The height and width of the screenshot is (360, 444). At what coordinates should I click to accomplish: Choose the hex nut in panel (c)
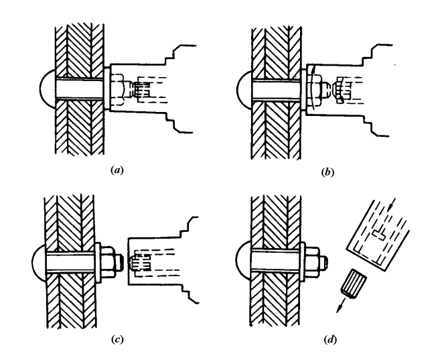(108, 258)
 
